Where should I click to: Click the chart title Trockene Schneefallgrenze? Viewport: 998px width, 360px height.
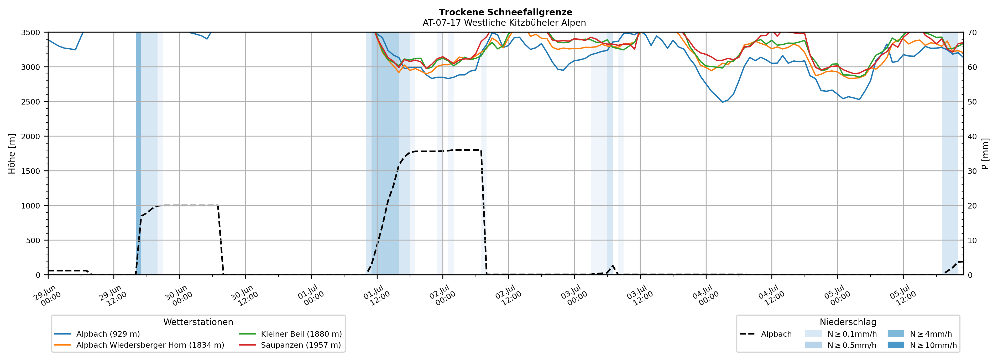[x=506, y=12]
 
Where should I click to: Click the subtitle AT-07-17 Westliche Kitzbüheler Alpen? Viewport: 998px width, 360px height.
[x=504, y=23]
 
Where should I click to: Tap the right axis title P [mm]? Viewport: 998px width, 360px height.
[x=985, y=153]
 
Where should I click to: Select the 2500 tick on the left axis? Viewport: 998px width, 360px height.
[x=31, y=102]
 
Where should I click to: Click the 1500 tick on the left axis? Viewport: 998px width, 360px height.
[x=31, y=171]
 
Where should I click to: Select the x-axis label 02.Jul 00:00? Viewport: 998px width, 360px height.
[x=442, y=295]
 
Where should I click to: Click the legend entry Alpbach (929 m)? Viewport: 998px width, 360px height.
[x=97, y=334]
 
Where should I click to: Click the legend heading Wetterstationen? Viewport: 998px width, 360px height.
[x=198, y=322]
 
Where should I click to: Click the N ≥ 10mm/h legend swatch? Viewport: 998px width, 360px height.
[x=895, y=345]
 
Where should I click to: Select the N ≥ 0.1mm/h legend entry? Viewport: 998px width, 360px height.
[x=841, y=334]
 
